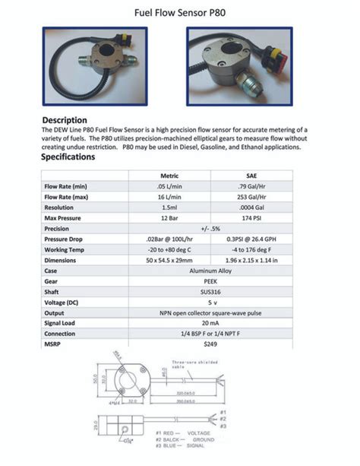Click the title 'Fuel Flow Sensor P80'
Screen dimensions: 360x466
point(180,13)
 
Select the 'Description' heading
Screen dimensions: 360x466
point(69,120)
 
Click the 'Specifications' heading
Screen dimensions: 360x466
point(68,157)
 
